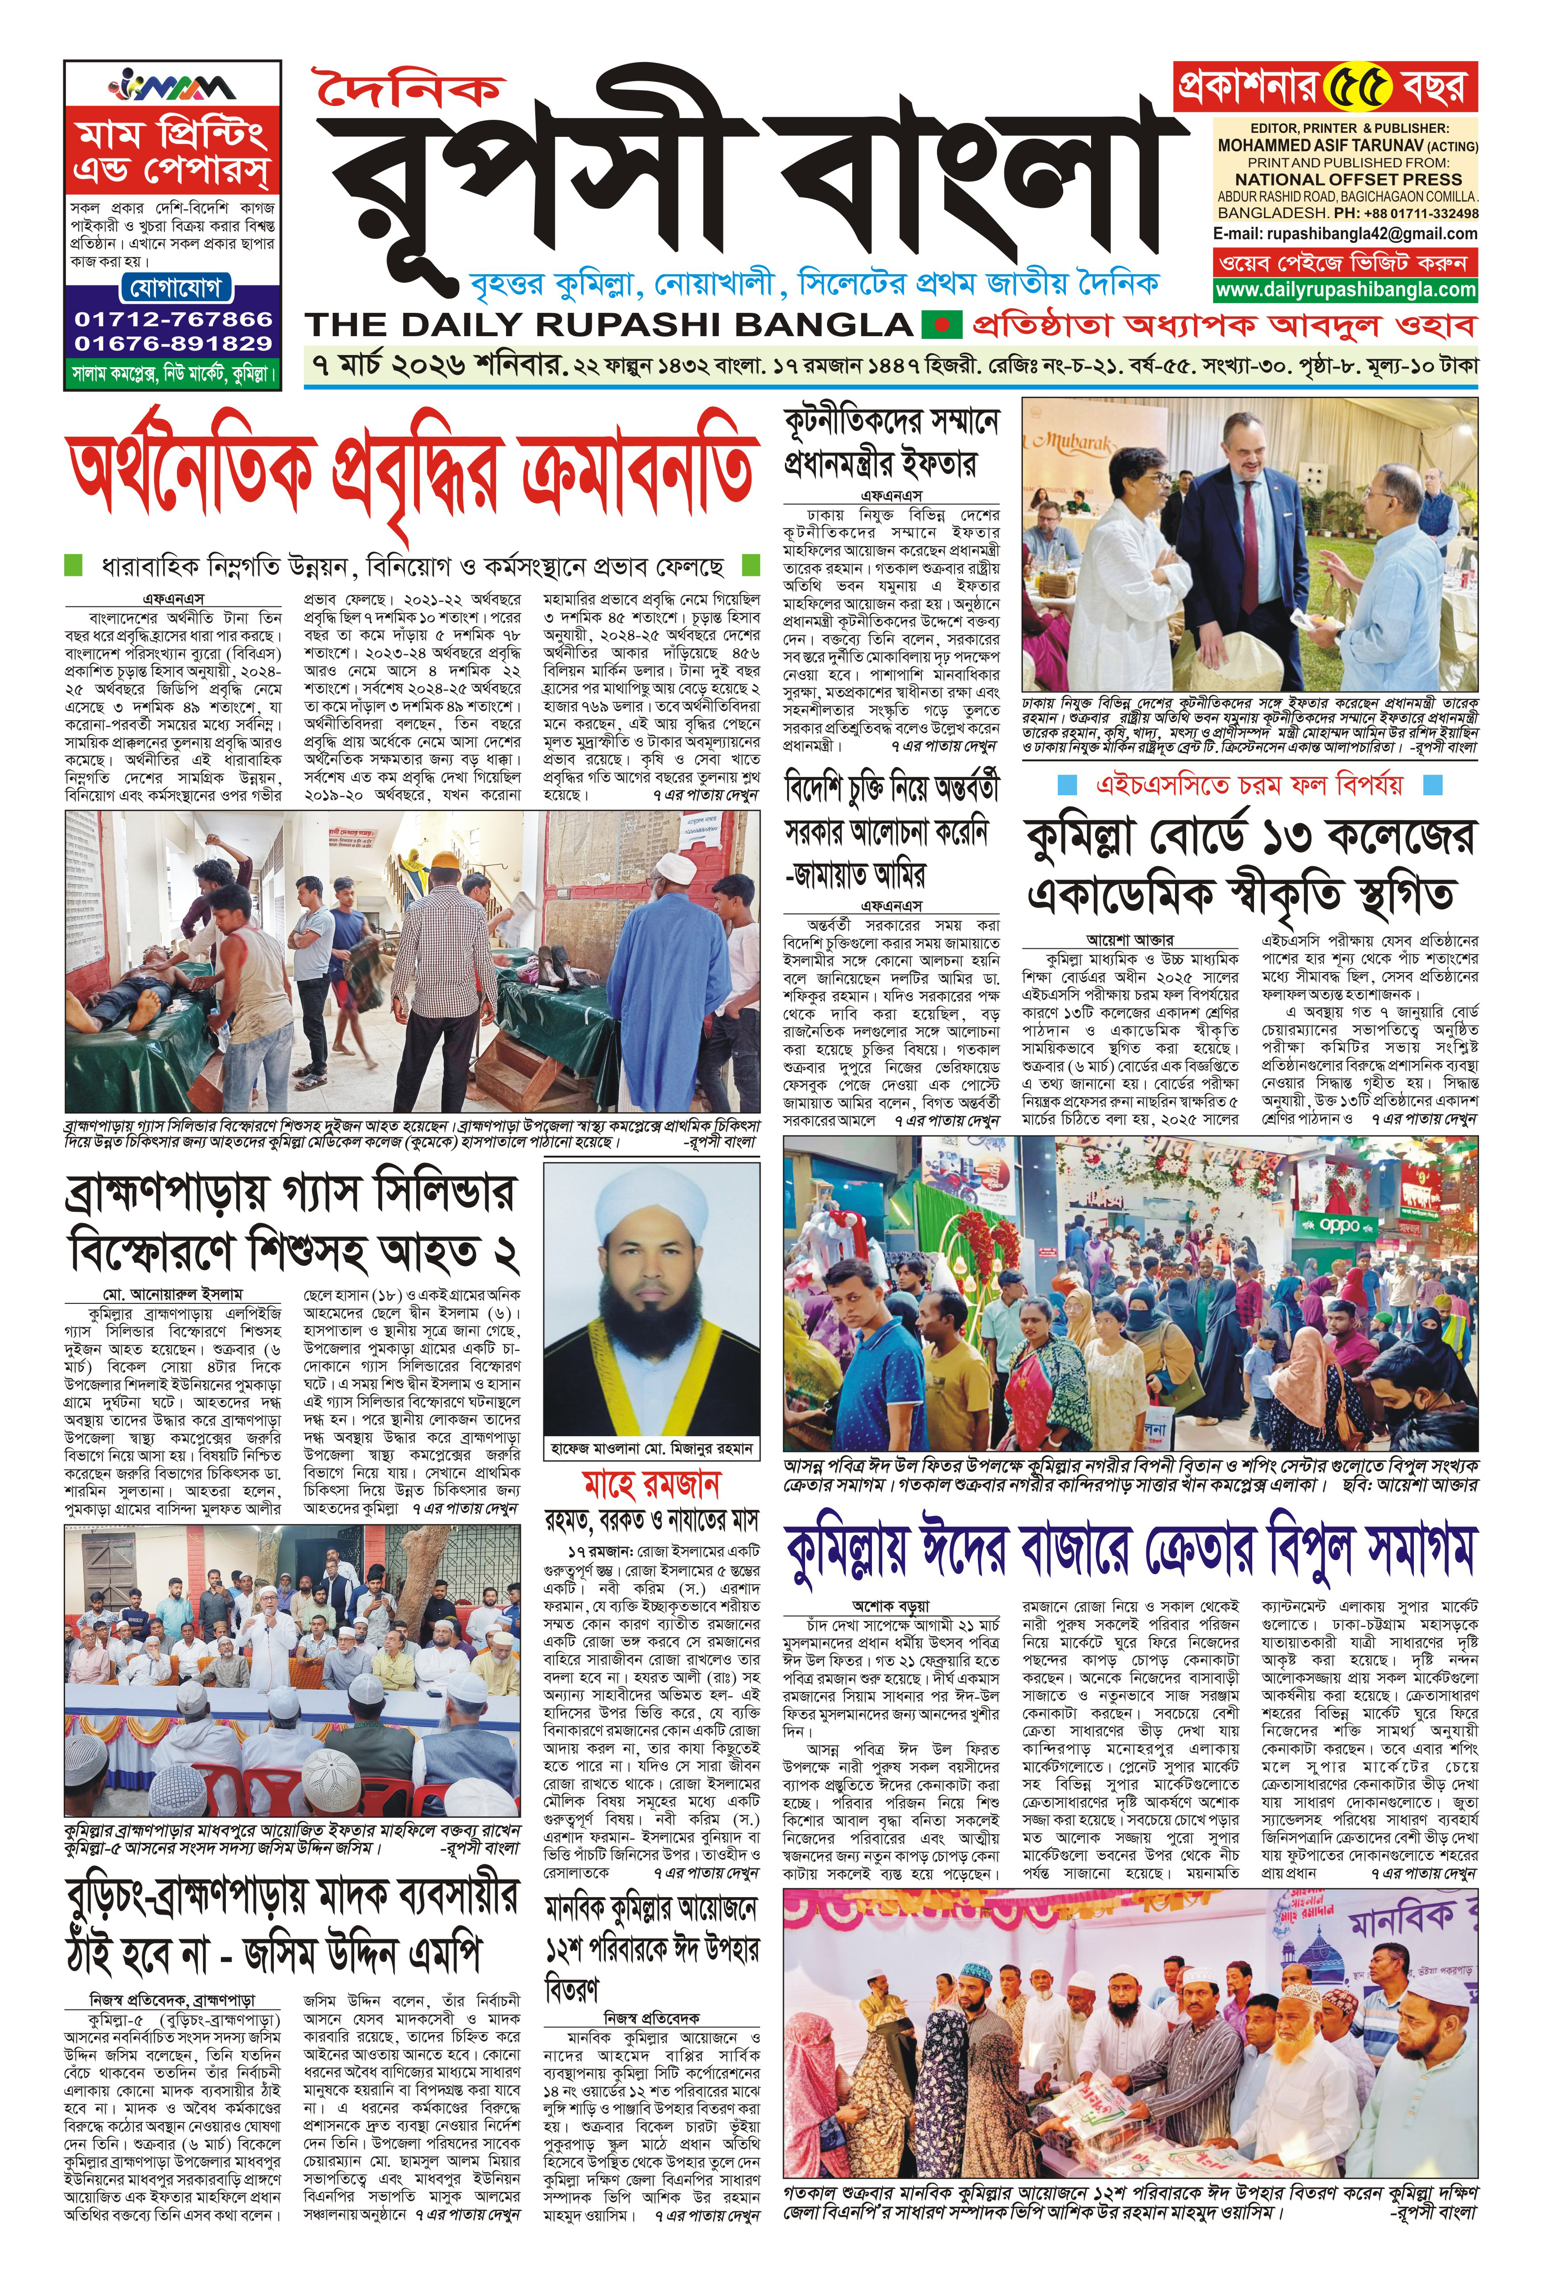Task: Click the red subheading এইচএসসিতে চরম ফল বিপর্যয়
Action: pyautogui.click(x=1249, y=785)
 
